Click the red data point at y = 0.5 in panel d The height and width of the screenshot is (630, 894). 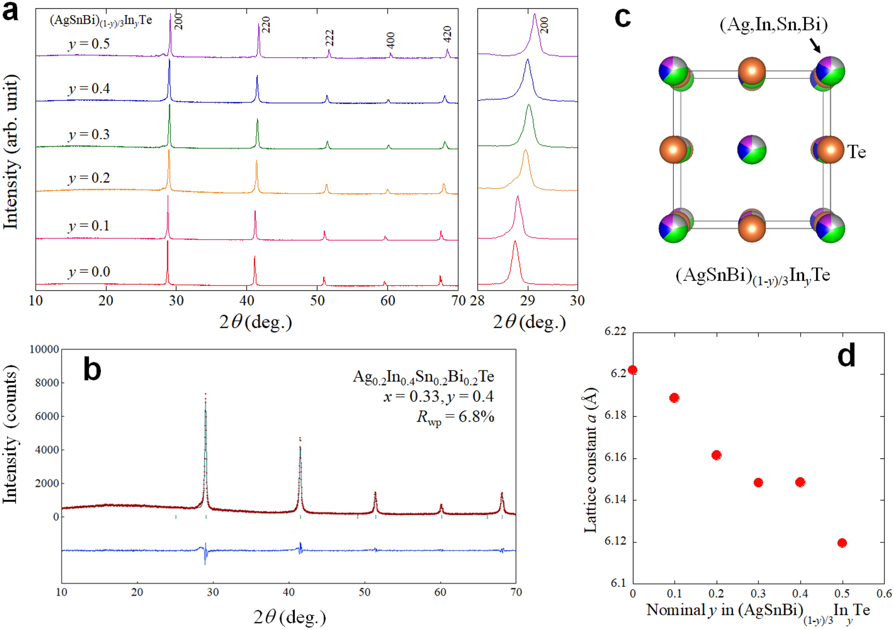click(842, 543)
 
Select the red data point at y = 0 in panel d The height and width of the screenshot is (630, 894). click(633, 370)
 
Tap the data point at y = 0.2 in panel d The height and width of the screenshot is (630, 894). click(717, 455)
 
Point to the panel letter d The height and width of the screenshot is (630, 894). click(846, 356)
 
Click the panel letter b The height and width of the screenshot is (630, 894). click(92, 369)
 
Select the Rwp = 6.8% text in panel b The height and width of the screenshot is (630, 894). click(455, 417)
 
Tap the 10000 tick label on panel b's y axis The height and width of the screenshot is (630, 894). click(44, 349)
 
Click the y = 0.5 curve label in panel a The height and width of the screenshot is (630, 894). click(89, 44)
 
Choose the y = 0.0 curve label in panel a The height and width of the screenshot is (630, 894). click(89, 272)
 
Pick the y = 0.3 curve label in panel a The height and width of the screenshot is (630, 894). click(89, 135)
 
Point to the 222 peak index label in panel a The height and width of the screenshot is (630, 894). click(330, 38)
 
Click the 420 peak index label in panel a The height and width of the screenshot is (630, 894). click(447, 34)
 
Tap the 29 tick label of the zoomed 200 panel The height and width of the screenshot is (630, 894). click(527, 301)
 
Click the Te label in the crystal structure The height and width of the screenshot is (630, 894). click(856, 152)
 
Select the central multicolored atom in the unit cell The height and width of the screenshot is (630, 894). click(752, 149)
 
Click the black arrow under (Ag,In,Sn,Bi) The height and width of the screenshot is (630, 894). click(815, 46)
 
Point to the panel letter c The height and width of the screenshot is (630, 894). click(623, 18)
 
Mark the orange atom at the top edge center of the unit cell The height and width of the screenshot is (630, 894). click(752, 71)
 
